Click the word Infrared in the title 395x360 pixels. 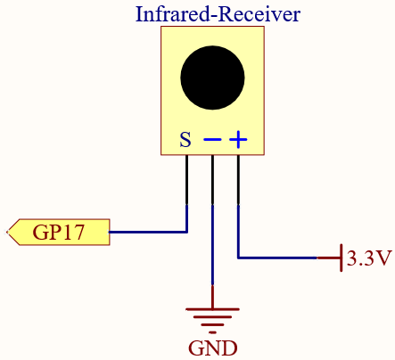click(172, 14)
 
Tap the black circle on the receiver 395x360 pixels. click(212, 78)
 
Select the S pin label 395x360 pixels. click(185, 139)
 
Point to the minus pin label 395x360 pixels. click(212, 139)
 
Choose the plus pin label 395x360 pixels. click(238, 139)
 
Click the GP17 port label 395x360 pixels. click(58, 232)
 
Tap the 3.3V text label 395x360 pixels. click(369, 258)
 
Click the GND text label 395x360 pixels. click(213, 348)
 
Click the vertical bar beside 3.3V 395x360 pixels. click(342, 258)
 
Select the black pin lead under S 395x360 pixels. click(186, 180)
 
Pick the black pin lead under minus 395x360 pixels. click(212, 180)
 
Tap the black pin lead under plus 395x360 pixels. click(238, 180)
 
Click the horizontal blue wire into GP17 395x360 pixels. click(148, 232)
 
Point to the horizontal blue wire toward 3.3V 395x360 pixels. click(277, 258)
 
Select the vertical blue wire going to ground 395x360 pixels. click(212, 245)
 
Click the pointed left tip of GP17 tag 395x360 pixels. click(7, 232)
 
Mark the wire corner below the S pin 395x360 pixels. click(186, 232)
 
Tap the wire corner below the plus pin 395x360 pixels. click(238, 258)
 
